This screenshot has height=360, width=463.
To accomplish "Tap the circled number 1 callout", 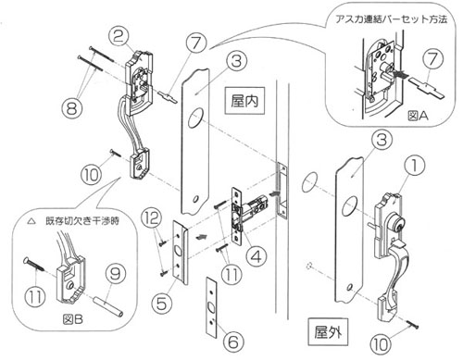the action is pyautogui.click(x=414, y=165).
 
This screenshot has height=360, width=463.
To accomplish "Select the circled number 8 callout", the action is pyautogui.click(x=72, y=107).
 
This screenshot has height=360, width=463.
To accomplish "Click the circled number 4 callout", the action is pyautogui.click(x=257, y=256).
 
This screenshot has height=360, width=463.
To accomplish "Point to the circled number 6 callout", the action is pyautogui.click(x=233, y=342).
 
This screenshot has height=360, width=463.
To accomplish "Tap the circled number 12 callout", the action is pyautogui.click(x=152, y=217).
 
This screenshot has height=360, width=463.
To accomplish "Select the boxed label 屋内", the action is pyautogui.click(x=244, y=101).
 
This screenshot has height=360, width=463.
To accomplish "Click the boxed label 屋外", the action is pyautogui.click(x=328, y=332).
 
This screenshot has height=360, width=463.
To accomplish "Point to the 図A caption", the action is pyautogui.click(x=418, y=116).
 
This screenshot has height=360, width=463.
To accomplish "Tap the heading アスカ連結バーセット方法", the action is pyautogui.click(x=392, y=19).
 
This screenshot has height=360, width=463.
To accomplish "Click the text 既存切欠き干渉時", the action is pyautogui.click(x=82, y=221).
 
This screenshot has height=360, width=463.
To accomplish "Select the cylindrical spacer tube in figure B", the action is pyautogui.click(x=108, y=306).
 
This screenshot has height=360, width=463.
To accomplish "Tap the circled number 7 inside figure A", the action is pyautogui.click(x=433, y=59).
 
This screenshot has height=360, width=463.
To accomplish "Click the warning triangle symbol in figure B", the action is pyautogui.click(x=31, y=221).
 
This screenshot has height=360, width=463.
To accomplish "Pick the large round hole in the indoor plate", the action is pyautogui.click(x=195, y=118).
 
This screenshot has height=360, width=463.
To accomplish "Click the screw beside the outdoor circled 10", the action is pyautogui.click(x=412, y=324).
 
